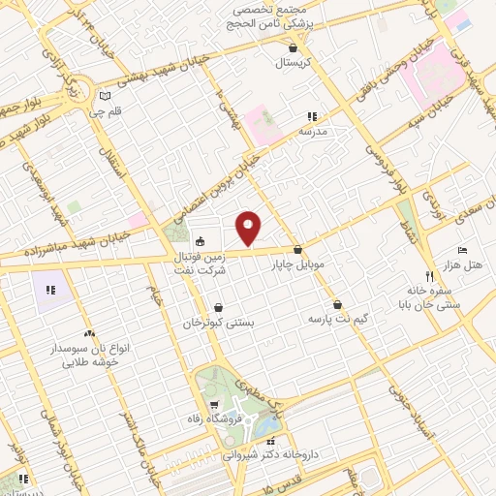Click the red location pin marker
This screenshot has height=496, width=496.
click(250, 228)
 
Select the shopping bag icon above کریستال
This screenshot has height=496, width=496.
click(293, 46)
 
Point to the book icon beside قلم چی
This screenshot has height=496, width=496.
click(105, 96)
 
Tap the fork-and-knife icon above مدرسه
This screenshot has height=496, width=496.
click(312, 115)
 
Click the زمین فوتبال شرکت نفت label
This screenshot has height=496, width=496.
click(200, 264)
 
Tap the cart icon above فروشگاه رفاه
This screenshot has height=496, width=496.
click(212, 404)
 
